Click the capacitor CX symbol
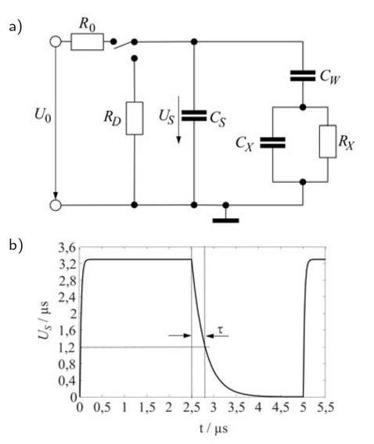click(272, 142)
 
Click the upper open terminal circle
click(56, 41)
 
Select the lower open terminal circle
click(56, 206)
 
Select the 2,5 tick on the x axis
click(192, 408)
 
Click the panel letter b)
click(14, 245)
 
